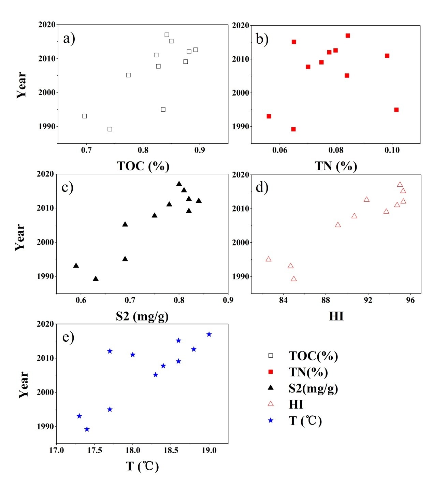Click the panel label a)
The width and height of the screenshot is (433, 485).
(69, 38)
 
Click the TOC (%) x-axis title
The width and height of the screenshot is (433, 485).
(143, 166)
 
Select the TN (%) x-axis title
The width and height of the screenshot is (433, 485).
(336, 166)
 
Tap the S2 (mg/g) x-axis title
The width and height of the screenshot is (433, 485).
(142, 316)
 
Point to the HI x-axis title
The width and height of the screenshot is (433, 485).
(336, 316)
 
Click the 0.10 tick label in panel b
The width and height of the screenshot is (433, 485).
(392, 151)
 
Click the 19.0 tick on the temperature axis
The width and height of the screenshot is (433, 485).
(209, 451)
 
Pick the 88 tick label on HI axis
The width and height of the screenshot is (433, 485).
(326, 300)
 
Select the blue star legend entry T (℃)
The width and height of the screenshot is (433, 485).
(305, 420)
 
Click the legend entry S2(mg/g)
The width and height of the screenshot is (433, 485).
(313, 388)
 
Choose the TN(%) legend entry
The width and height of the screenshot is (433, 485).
(308, 372)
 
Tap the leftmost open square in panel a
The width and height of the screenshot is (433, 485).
(85, 116)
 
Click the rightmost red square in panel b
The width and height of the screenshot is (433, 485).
(396, 110)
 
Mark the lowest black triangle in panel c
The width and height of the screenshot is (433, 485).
(96, 279)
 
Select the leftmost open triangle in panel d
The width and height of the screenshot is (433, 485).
(269, 259)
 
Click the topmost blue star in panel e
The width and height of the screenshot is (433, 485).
(209, 334)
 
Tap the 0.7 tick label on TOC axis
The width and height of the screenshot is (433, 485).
(86, 151)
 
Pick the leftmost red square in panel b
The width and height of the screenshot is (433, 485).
(269, 116)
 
